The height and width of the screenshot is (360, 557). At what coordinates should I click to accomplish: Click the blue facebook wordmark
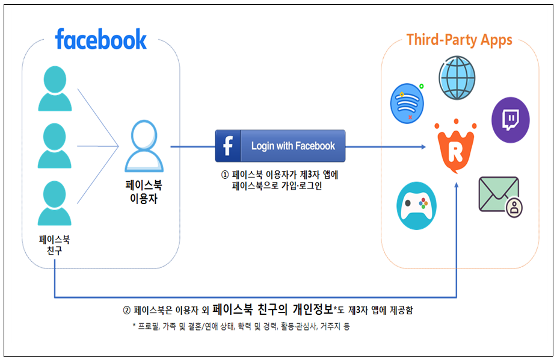(x=101, y=39)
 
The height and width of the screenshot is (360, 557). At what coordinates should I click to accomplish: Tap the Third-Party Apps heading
(x=460, y=40)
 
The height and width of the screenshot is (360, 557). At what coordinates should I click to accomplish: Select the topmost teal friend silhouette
(x=55, y=88)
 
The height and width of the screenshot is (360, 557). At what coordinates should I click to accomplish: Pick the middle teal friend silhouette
(x=55, y=146)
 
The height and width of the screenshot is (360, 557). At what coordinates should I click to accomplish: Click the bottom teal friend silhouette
(x=55, y=203)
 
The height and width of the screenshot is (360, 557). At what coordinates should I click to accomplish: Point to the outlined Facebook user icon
(x=144, y=146)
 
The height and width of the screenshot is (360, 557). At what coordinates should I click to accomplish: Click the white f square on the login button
(x=228, y=146)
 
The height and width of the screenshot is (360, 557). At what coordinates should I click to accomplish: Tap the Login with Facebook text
(x=293, y=146)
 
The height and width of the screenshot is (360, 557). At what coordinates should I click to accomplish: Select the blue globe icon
(x=457, y=78)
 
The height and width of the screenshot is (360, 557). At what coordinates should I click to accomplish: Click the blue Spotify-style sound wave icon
(x=407, y=104)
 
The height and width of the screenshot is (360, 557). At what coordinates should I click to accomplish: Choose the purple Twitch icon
(x=511, y=120)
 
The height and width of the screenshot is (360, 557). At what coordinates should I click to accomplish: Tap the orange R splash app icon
(x=456, y=146)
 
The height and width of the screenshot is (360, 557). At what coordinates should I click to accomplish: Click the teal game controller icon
(x=416, y=206)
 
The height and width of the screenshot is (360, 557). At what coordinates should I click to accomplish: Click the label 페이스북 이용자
(x=144, y=191)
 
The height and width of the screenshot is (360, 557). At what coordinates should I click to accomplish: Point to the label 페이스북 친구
(x=54, y=245)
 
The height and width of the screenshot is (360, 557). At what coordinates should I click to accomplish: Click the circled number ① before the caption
(x=225, y=175)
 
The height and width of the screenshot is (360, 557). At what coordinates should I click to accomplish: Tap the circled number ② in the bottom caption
(x=127, y=310)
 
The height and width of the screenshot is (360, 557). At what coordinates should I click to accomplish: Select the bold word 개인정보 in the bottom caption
(x=313, y=309)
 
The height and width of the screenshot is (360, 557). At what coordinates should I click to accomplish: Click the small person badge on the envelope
(x=514, y=207)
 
